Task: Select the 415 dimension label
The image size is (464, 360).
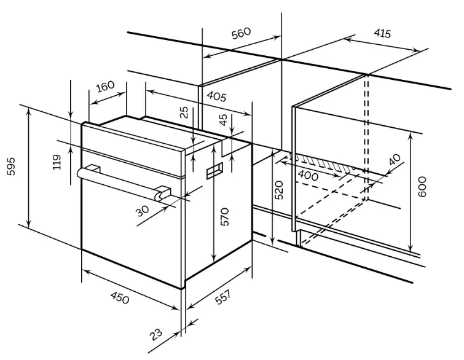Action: click(382, 33)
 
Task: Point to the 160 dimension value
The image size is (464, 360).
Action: click(105, 87)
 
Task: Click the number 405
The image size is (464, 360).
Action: click(216, 96)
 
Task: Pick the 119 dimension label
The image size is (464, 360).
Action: click(57, 162)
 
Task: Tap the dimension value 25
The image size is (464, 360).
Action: click(184, 112)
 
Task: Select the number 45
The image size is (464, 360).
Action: click(223, 119)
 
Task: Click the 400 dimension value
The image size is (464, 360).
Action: click(307, 176)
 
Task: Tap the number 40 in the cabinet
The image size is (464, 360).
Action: click(395, 159)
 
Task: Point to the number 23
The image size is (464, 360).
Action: click(156, 334)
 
